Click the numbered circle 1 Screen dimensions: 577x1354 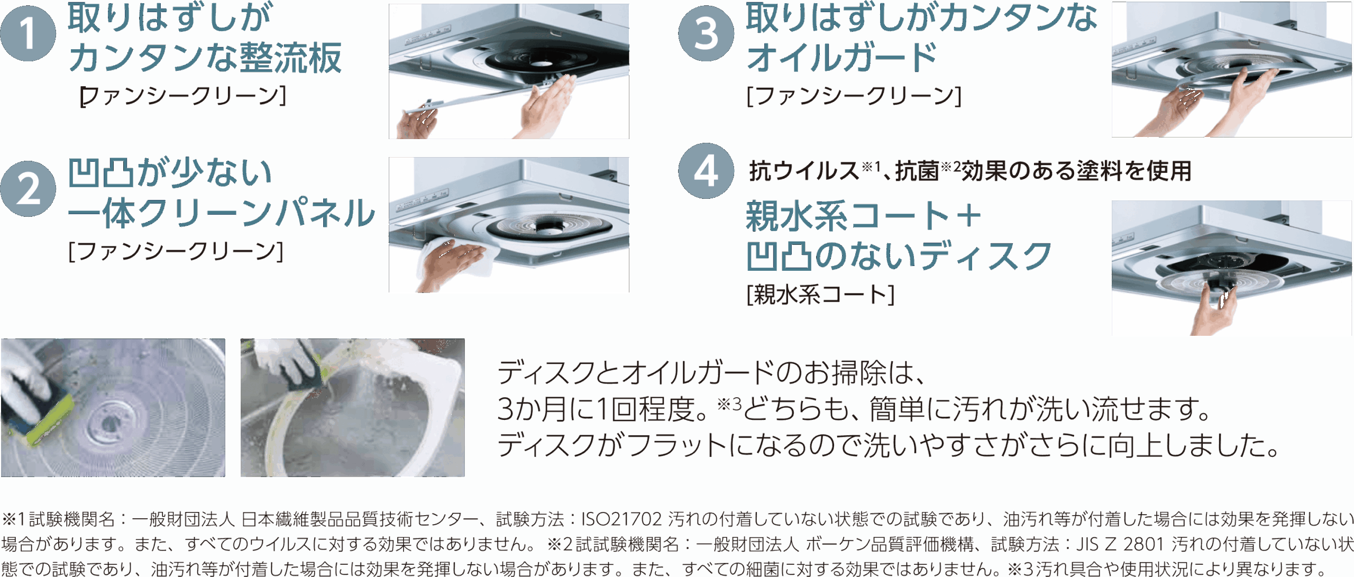click(28, 34)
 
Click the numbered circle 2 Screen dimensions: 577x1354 click(28, 189)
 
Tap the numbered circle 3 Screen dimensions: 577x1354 click(706, 34)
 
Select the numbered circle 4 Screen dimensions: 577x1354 click(706, 171)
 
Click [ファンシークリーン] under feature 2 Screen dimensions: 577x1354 click(176, 251)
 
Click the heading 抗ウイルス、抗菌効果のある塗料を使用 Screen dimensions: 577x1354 click(970, 171)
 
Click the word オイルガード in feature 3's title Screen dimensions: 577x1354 click(841, 57)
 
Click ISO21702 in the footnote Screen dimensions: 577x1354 click(621, 520)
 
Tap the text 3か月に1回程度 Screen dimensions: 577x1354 click(603, 409)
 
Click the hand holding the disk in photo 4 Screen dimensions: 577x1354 click(1216, 312)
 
